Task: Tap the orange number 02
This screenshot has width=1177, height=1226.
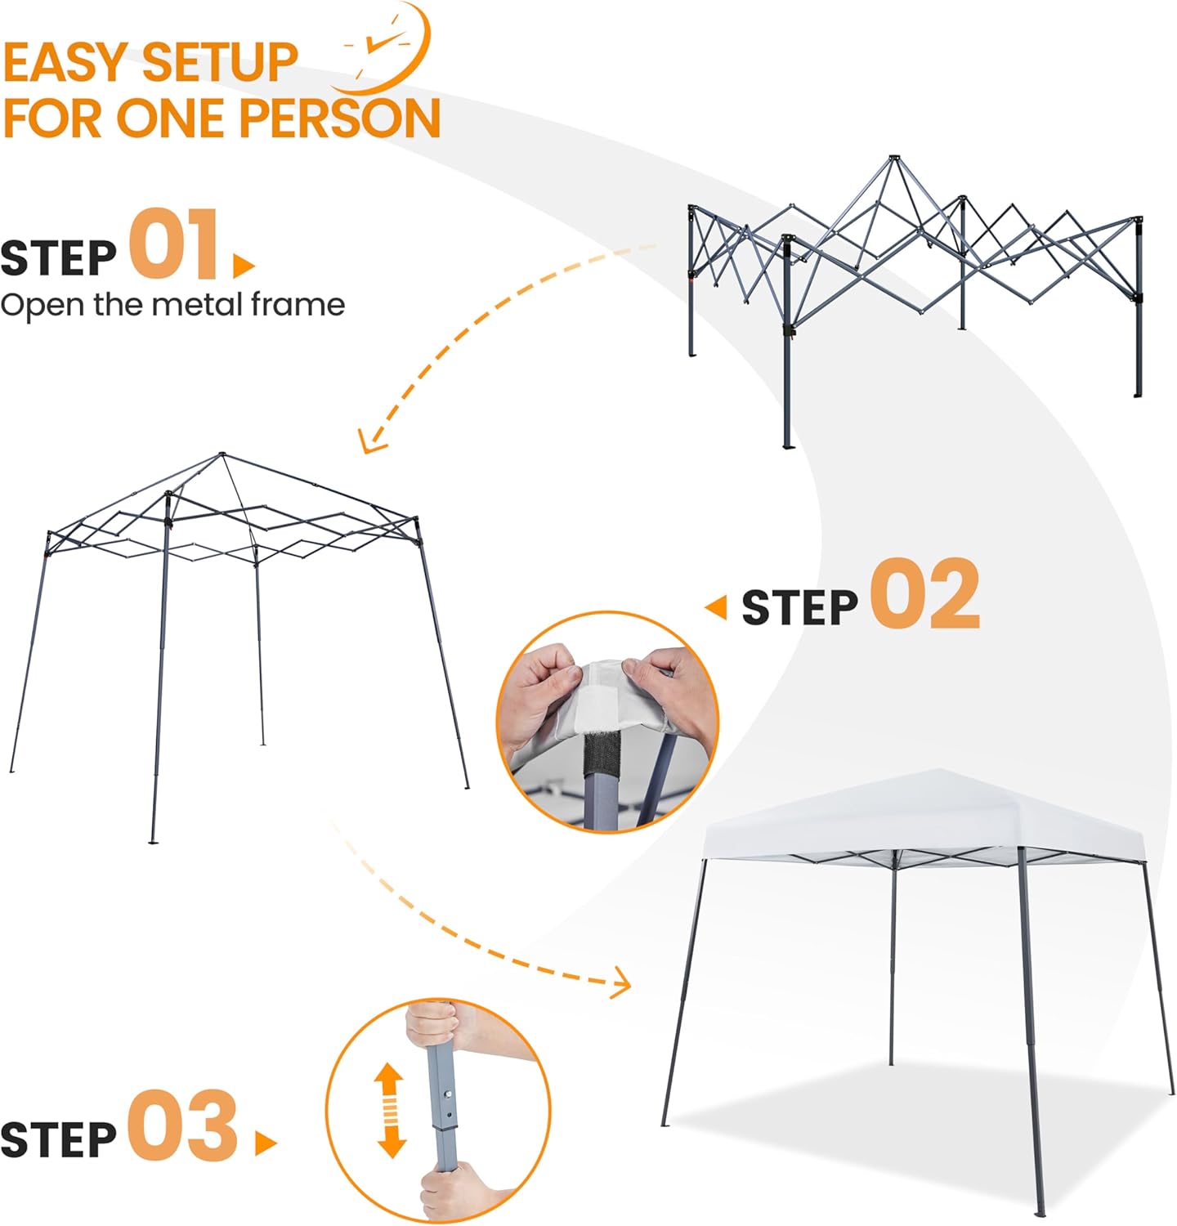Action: (x=924, y=594)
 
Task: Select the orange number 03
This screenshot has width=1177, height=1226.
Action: (x=182, y=1125)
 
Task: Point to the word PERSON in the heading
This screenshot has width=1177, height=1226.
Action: (x=339, y=119)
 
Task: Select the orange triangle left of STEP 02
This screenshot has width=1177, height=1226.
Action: (x=716, y=607)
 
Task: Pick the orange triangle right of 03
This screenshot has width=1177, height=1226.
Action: (x=265, y=1143)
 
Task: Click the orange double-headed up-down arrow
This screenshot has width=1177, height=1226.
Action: (x=391, y=1110)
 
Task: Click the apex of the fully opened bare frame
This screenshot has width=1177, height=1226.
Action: (x=222, y=454)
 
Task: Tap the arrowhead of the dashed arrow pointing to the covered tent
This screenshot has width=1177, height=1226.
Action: (x=624, y=982)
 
